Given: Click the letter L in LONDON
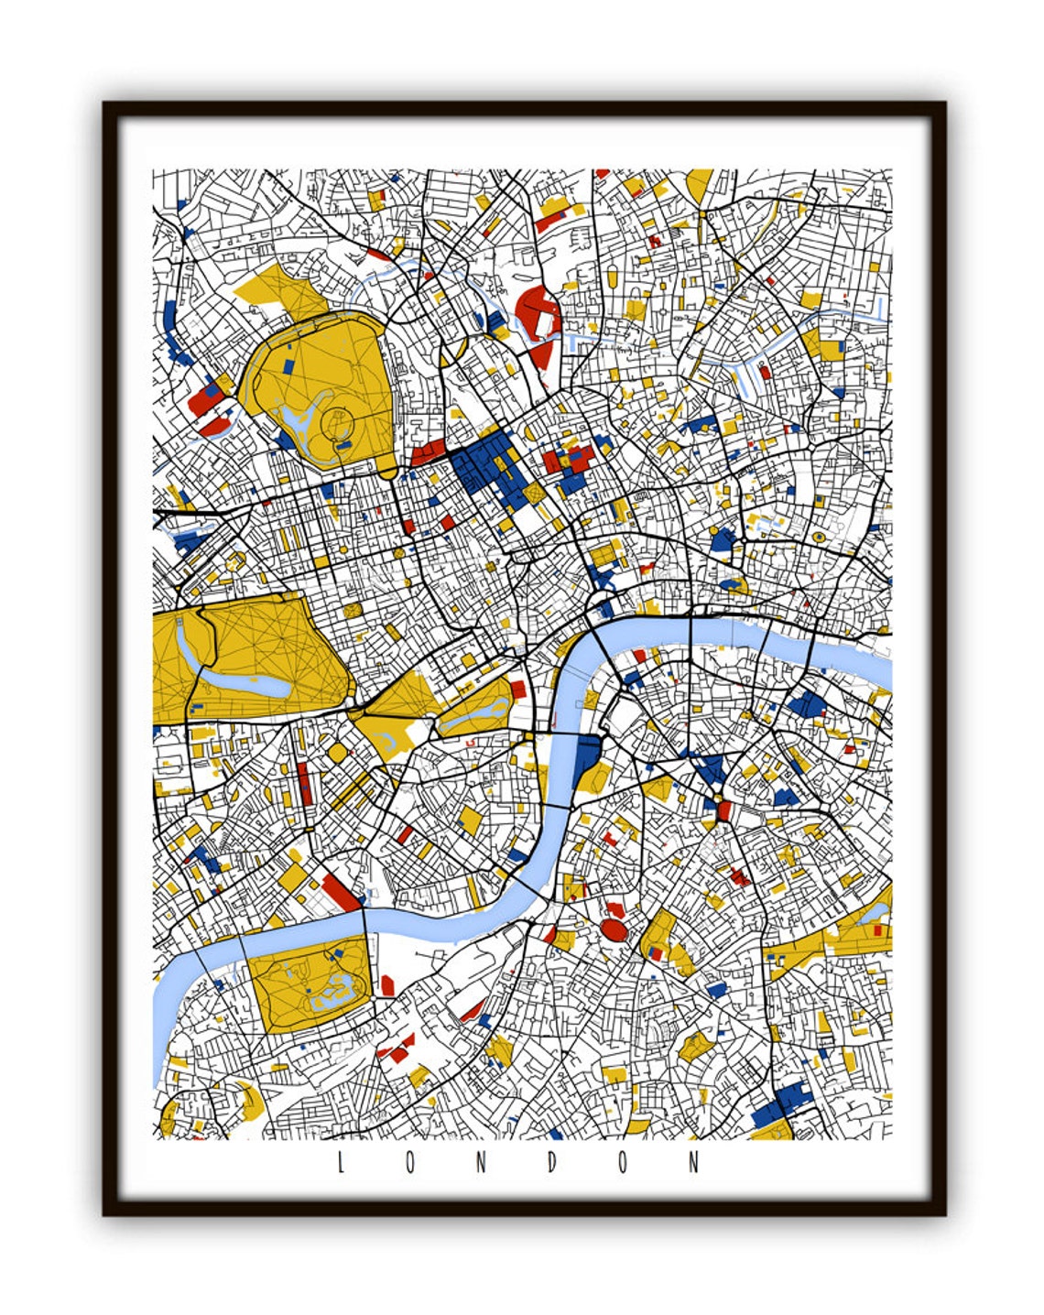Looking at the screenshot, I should (341, 1163).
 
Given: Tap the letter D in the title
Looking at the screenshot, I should (552, 1163).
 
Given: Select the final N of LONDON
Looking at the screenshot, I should (694, 1163).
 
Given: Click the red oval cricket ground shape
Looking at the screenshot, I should (614, 930).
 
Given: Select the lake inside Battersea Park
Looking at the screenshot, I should (333, 990).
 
